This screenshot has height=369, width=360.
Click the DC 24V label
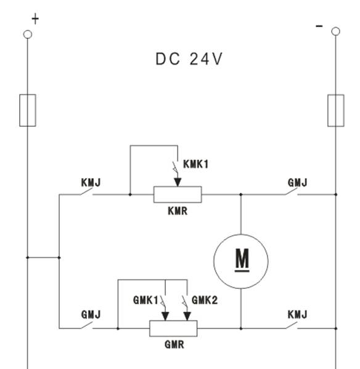189,59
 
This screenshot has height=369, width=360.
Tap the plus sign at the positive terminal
35,19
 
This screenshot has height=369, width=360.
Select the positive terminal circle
28,34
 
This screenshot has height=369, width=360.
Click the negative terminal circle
335,31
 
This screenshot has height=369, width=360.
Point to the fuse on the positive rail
28,110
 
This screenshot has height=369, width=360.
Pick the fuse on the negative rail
336,111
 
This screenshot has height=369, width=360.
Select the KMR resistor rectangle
178,195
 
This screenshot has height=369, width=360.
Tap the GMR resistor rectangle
173,328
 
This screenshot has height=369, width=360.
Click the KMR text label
178,211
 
